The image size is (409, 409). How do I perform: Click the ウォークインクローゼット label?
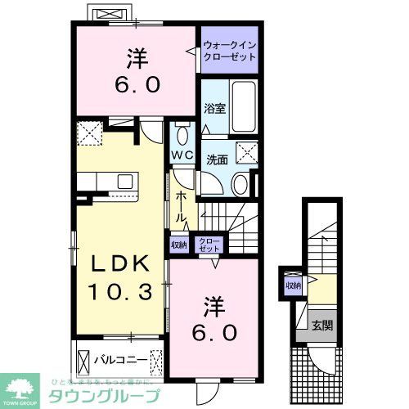click(230, 51)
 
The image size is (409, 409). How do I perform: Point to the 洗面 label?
click(217, 160)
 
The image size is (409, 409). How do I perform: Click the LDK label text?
click(119, 265)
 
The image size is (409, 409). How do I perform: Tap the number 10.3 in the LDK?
click(119, 290)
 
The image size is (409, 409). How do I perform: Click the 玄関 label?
click(321, 326)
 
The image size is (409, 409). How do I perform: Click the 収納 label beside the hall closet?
click(179, 243)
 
